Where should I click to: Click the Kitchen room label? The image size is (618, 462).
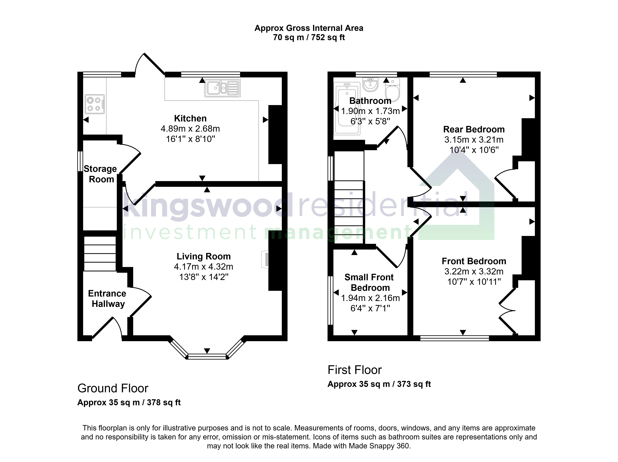(190, 119)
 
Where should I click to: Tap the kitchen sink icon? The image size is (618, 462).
(222, 88)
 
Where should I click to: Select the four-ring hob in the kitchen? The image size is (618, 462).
(95, 104)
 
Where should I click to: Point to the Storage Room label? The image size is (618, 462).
(101, 174)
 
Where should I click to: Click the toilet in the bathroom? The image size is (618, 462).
(393, 90)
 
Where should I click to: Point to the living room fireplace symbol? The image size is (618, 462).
(265, 260)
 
